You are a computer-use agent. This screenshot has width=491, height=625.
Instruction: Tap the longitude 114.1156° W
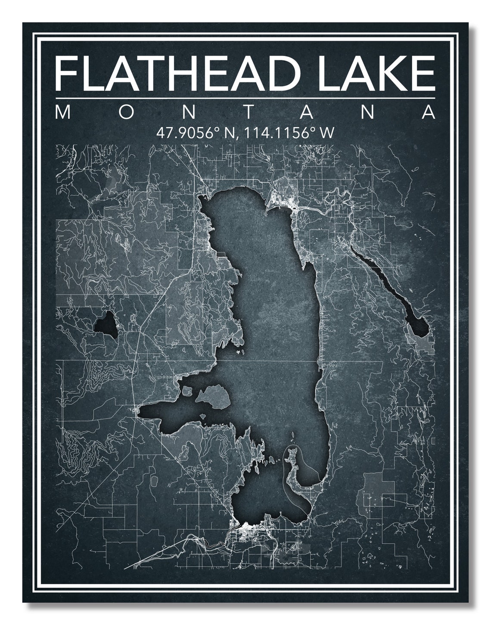point(289,133)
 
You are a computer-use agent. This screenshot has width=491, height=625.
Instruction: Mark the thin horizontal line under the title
point(245,99)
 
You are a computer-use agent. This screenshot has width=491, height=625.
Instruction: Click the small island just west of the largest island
point(187,391)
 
